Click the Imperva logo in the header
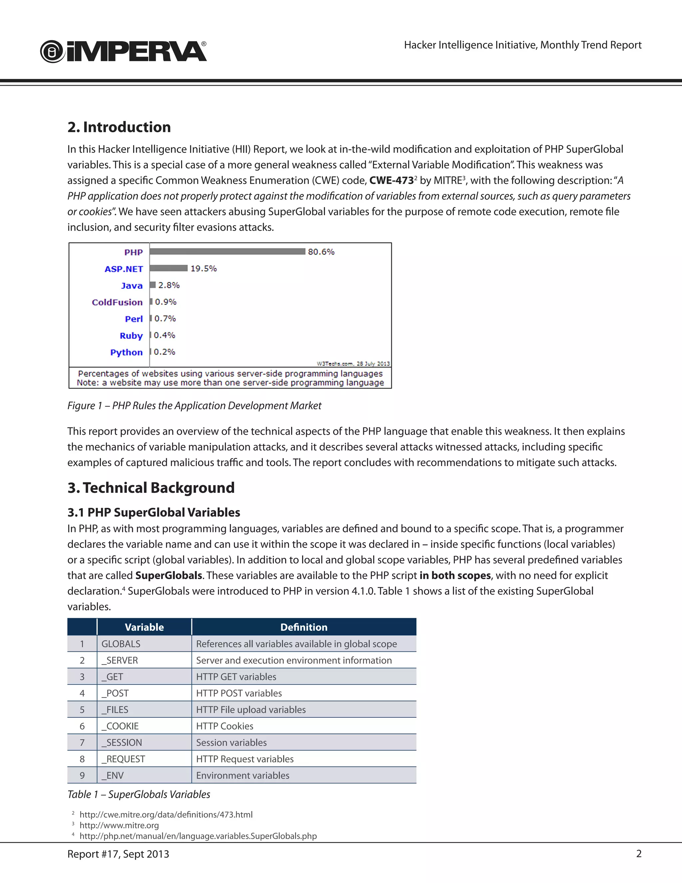tap(123, 52)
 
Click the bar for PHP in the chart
tap(227, 252)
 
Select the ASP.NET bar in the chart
tap(169, 268)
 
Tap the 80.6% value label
tap(321, 252)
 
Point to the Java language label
tap(132, 286)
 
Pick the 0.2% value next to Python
tap(165, 352)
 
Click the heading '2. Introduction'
tap(119, 127)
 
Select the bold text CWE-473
tap(391, 180)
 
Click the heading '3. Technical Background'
tap(151, 487)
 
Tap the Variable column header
tap(144, 627)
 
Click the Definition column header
tap(304, 627)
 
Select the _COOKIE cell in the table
tap(121, 726)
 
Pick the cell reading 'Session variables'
tap(231, 743)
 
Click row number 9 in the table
tap(82, 775)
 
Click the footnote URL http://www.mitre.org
tap(119, 825)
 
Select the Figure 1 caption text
tap(194, 406)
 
